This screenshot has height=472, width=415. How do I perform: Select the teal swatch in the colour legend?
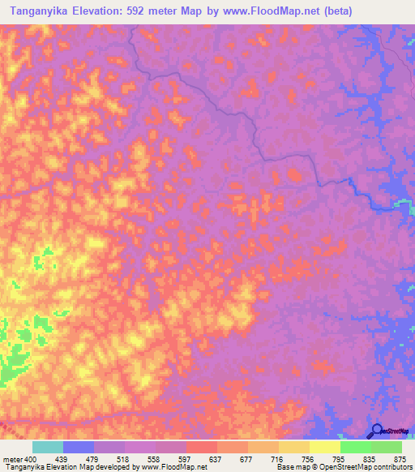pos(48,447)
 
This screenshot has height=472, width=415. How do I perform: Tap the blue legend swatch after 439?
pos(79,447)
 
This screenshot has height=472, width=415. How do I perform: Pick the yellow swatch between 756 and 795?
pos(324,447)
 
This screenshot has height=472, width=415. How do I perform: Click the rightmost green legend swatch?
pos(386,447)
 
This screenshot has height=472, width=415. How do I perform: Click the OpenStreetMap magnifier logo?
pos(375,431)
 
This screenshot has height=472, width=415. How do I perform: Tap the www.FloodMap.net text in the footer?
pos(173,466)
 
